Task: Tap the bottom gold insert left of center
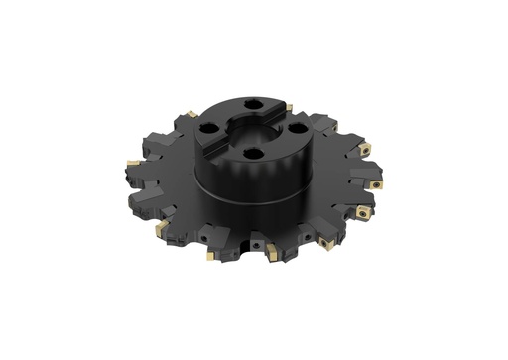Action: tap(209, 256)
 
